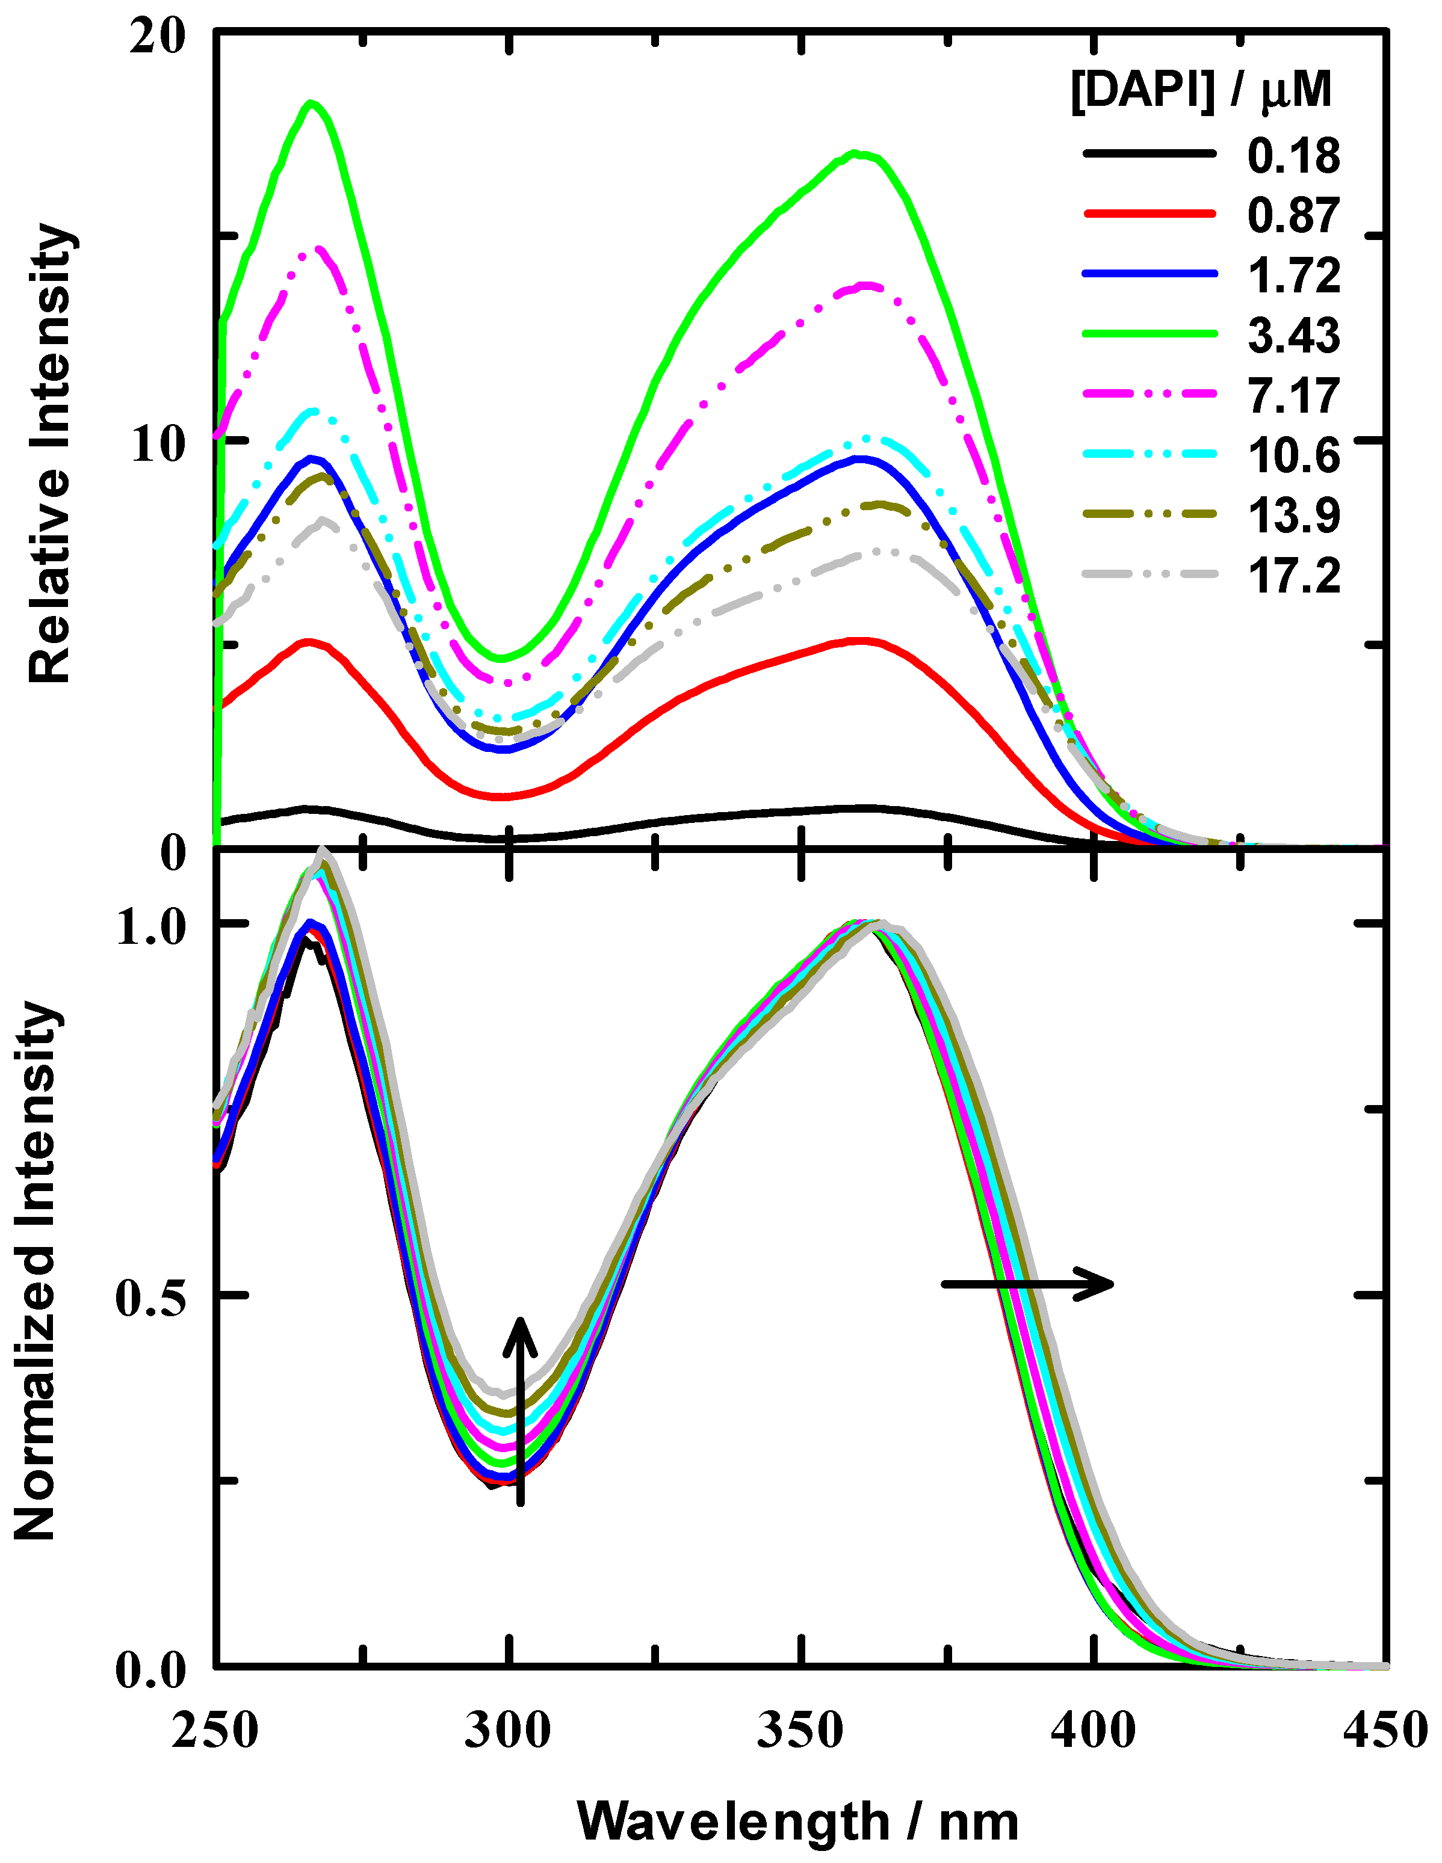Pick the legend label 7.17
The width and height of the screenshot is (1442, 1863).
click(1293, 396)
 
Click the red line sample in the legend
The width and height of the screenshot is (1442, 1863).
click(1150, 214)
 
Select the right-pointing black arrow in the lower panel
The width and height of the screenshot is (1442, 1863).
click(1027, 1284)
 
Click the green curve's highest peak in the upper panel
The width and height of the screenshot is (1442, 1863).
click(312, 104)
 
